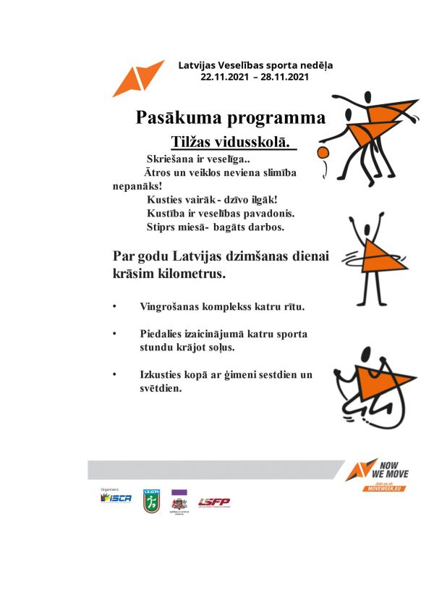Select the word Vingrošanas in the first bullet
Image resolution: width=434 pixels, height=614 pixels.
171,306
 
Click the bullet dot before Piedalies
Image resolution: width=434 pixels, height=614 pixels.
114,333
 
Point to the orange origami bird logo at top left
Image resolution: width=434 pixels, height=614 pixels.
138,78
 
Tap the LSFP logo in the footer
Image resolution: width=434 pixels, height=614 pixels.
214,501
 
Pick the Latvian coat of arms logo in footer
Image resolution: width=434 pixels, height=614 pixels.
178,501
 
